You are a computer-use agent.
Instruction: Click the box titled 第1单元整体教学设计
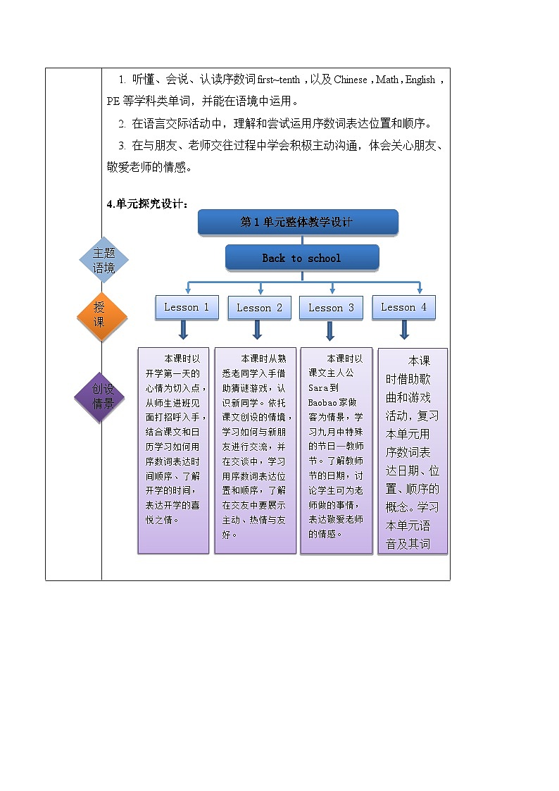pyautogui.click(x=297, y=222)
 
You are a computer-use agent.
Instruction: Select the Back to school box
pyautogui.click(x=301, y=258)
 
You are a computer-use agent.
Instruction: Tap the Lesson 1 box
pyautogui.click(x=187, y=307)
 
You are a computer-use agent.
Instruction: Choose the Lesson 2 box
pyautogui.click(x=259, y=308)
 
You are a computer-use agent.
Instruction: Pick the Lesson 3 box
pyautogui.click(x=331, y=308)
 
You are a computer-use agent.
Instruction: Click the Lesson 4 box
pyautogui.click(x=403, y=307)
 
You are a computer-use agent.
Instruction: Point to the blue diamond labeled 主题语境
pyautogui.click(x=103, y=261)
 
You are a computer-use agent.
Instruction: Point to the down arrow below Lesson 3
pyautogui.click(x=329, y=330)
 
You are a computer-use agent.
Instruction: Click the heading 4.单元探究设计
pyautogui.click(x=147, y=204)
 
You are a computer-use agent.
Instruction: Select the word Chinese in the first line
pyautogui.click(x=351, y=80)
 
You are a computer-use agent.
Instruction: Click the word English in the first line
pyautogui.click(x=420, y=80)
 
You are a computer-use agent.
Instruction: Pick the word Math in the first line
pyautogui.click(x=387, y=80)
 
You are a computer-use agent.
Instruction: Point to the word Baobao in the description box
pyautogui.click(x=322, y=401)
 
